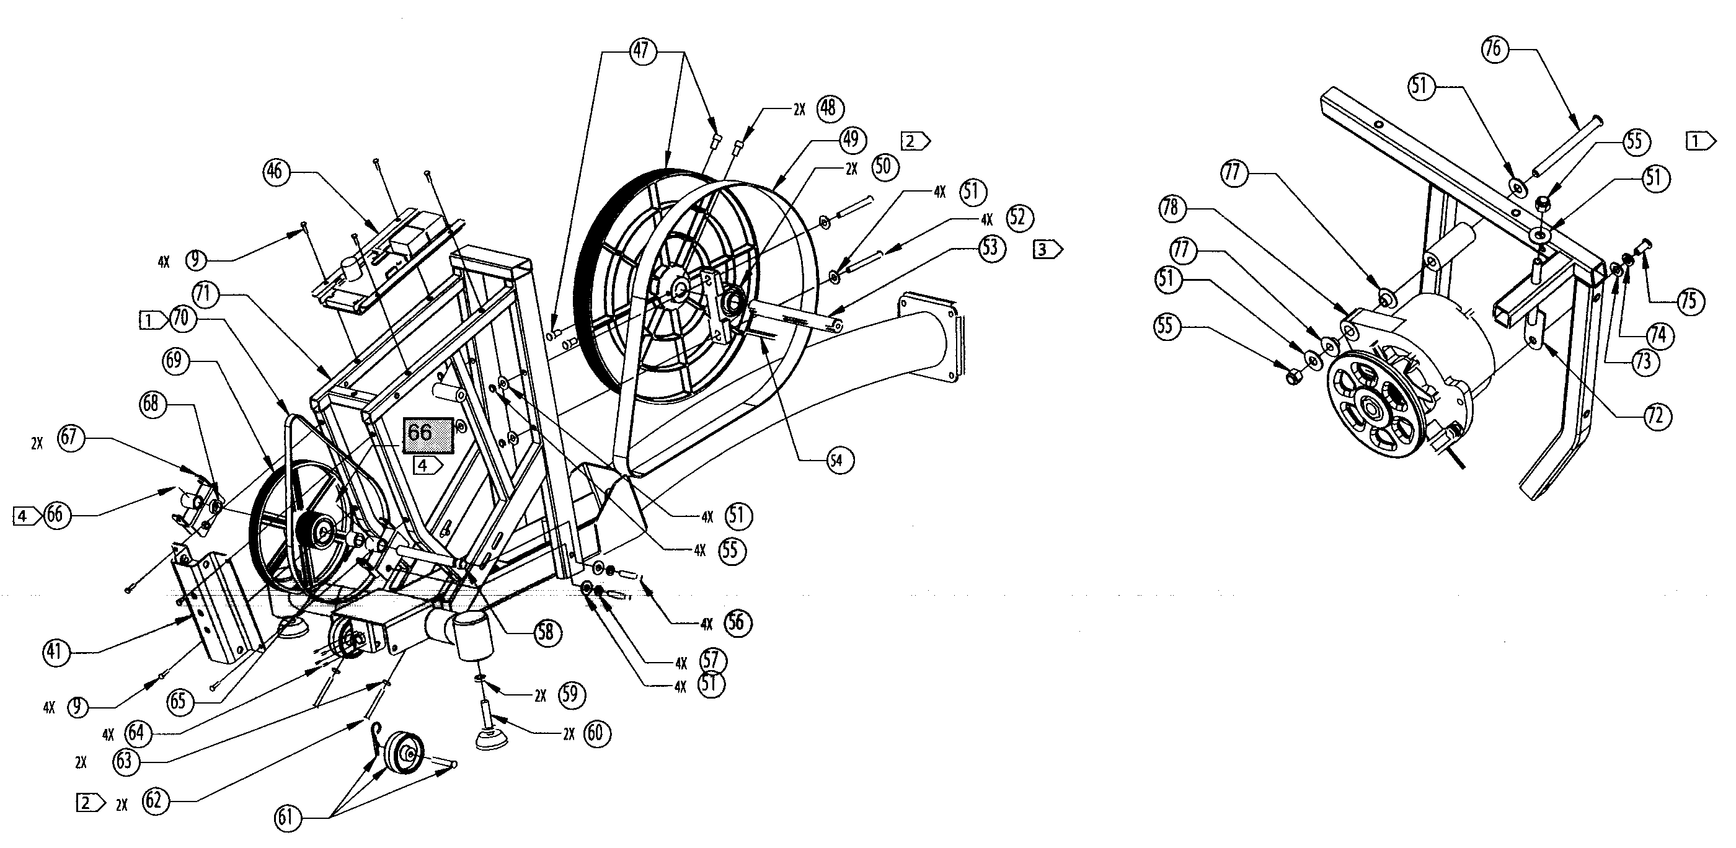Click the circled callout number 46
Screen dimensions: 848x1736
coord(274,171)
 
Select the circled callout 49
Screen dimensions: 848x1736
coord(851,139)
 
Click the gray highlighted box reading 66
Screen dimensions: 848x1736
coord(428,434)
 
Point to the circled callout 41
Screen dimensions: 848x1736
coord(55,651)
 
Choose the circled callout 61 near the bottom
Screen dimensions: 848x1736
coord(286,817)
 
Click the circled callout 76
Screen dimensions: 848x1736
coord(1494,48)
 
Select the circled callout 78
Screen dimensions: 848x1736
coord(1171,207)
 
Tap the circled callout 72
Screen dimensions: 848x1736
coord(1657,415)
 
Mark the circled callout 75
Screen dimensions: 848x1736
coord(1689,301)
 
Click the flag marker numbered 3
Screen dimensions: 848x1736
coord(1046,250)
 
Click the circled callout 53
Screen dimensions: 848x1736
coord(989,247)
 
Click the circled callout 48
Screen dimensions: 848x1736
coord(828,108)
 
